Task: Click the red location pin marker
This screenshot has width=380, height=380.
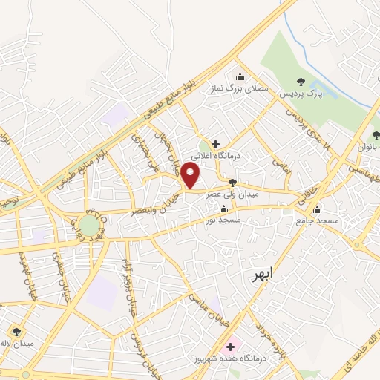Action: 191,175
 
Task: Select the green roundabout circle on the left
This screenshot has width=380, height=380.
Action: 90,224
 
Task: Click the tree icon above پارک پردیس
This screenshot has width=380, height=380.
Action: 301,82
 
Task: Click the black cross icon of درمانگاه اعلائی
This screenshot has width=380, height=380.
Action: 215,144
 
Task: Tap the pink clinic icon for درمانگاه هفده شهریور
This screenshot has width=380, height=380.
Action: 230,346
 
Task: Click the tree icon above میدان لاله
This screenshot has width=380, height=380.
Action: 16,332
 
